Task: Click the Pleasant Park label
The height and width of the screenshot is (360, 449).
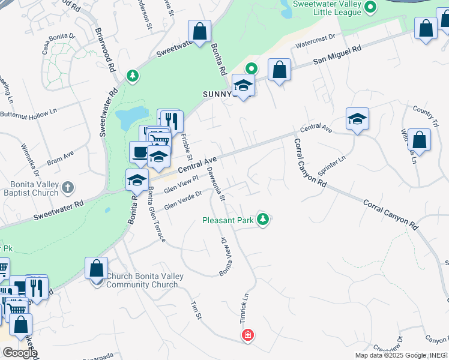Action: click(x=228, y=221)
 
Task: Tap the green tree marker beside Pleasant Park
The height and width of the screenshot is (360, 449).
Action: click(x=262, y=220)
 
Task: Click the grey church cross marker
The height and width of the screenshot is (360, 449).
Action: click(x=67, y=187)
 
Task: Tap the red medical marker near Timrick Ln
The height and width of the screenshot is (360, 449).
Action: click(x=247, y=335)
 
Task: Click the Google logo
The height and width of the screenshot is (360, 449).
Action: click(x=20, y=353)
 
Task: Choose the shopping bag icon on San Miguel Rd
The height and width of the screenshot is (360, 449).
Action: click(x=279, y=70)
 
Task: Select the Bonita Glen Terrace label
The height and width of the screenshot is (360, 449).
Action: click(x=155, y=214)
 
